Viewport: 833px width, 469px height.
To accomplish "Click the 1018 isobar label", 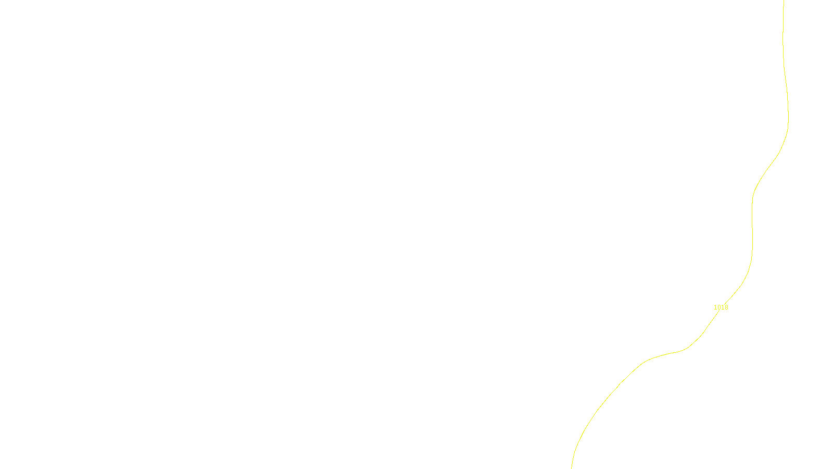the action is [x=721, y=307].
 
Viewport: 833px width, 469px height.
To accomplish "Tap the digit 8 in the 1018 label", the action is [x=726, y=307].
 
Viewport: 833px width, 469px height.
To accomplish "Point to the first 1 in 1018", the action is [x=715, y=307].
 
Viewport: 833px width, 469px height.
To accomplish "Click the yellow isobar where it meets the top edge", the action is [x=784, y=1].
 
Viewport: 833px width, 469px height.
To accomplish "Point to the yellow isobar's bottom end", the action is [x=572, y=467].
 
